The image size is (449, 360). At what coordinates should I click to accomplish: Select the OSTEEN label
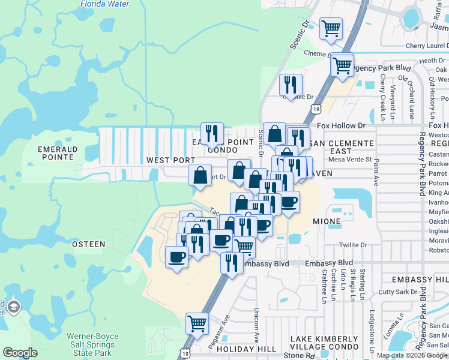[88, 244]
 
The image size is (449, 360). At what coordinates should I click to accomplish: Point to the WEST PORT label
[170, 160]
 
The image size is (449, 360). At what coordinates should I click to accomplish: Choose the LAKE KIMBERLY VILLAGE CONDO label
[324, 343]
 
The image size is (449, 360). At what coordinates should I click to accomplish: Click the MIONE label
[327, 221]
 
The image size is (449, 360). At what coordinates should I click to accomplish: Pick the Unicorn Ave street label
[256, 319]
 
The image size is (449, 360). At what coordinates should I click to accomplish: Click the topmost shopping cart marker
[331, 28]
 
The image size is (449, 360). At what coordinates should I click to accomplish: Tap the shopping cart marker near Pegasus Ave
[197, 324]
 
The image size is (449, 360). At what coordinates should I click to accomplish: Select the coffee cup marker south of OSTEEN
[176, 257]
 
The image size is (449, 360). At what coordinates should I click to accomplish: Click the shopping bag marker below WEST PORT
[200, 176]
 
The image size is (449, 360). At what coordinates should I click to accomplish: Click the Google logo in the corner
[20, 353]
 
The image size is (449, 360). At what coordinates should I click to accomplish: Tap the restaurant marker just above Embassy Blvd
[232, 263]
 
